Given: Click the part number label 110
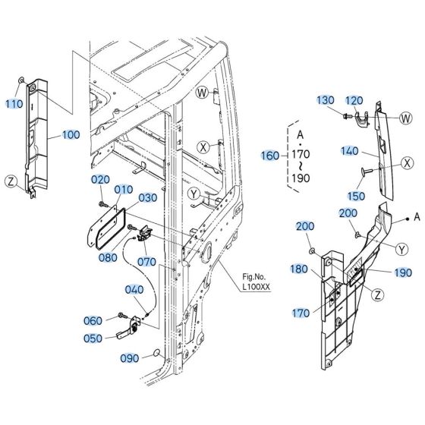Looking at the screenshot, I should tap(14, 103).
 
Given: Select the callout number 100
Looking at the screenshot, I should tap(70, 135).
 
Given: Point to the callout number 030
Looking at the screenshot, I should tap(147, 197).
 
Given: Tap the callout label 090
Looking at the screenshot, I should tap(130, 357).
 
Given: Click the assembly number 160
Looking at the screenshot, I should tap(269, 156).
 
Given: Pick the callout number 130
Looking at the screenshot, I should tap(325, 100).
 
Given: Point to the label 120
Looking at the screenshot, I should tap(355, 100).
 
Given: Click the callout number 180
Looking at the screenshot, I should tap(299, 269).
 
